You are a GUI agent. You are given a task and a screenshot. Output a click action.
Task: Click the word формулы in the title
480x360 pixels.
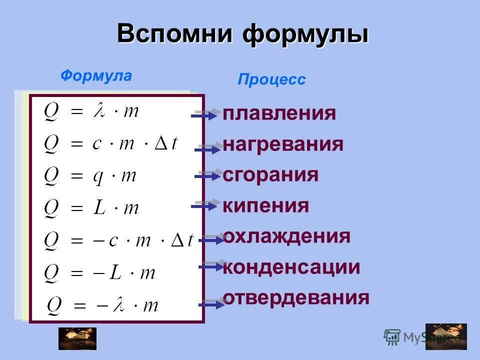(306, 34)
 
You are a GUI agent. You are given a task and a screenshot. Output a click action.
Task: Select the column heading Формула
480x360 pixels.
(96, 76)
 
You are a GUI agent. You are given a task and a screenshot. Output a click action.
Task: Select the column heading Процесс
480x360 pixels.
(271, 80)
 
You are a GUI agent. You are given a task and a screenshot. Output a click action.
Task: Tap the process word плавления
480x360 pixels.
(279, 113)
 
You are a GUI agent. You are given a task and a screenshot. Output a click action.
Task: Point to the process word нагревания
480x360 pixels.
(283, 144)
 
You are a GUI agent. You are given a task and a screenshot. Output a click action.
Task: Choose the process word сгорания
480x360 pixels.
(270, 175)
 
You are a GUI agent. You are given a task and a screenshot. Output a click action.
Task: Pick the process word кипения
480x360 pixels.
(265, 205)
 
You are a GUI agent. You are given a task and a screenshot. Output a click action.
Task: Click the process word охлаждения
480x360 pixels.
(286, 236)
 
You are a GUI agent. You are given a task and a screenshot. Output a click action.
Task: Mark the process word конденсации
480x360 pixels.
(291, 267)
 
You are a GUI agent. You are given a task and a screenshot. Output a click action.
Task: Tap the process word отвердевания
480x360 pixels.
(296, 298)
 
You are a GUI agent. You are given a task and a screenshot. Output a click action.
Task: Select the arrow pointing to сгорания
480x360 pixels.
(209, 175)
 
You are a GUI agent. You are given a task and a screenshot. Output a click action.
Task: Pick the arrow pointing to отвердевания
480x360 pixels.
(212, 303)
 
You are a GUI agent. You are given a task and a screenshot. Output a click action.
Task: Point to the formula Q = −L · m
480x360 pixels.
(100, 272)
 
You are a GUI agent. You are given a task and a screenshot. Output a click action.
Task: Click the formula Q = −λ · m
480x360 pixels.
(102, 304)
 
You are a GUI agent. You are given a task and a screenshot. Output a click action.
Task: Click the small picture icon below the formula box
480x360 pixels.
(77, 338)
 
